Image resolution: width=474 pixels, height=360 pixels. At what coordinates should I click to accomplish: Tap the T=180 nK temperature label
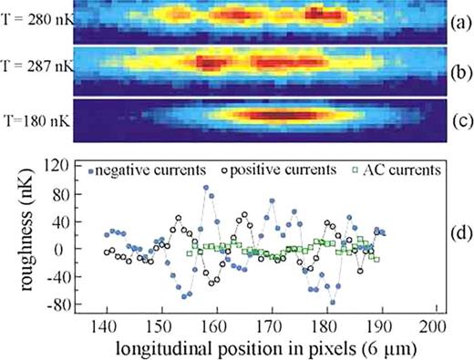pos(37,118)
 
